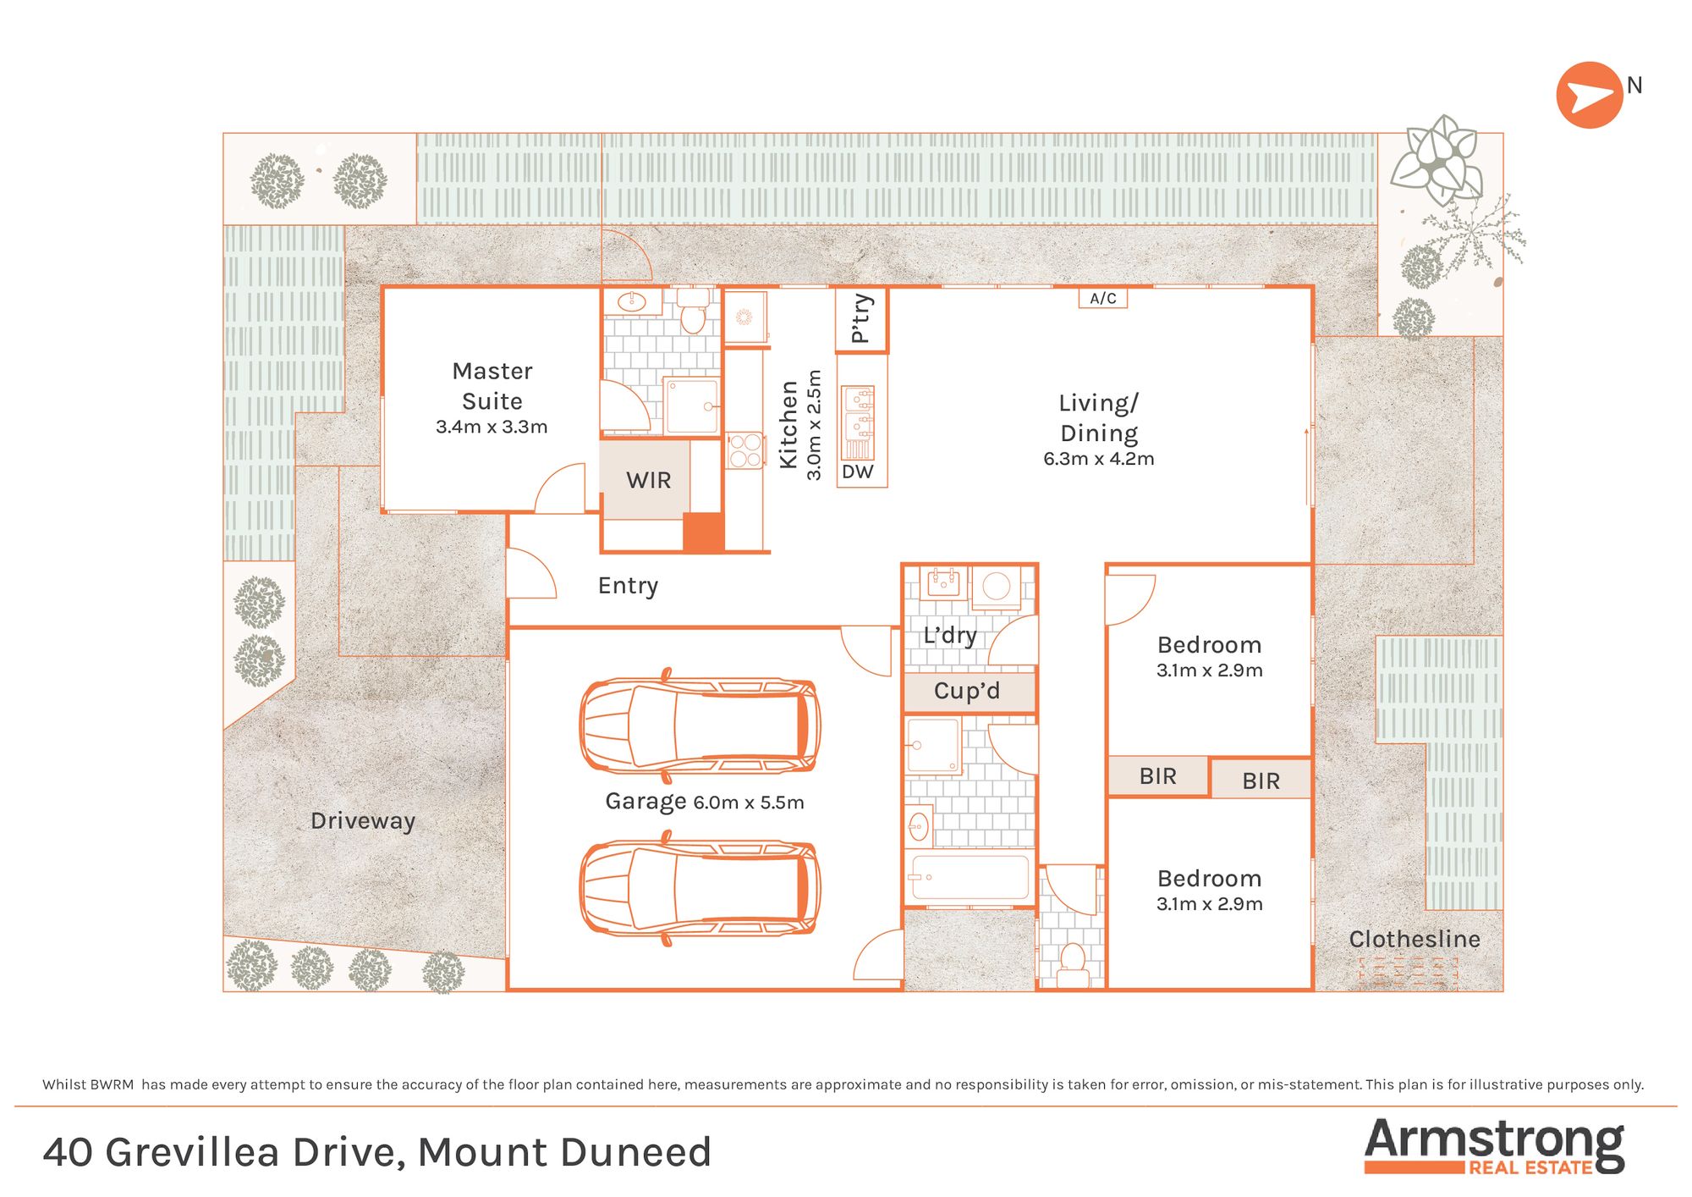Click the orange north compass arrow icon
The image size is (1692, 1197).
tap(1589, 95)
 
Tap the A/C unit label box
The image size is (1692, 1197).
tap(1103, 298)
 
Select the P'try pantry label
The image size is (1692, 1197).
tap(861, 318)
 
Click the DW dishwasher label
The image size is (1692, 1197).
tap(858, 472)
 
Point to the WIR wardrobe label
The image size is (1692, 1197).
tap(649, 480)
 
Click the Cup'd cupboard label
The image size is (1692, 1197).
tap(967, 691)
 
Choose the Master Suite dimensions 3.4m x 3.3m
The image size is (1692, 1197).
tap(492, 427)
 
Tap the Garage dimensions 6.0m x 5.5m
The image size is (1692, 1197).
tap(749, 803)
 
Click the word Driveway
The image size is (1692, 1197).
tap(363, 821)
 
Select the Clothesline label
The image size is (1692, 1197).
tap(1415, 939)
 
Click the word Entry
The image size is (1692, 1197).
tap(628, 586)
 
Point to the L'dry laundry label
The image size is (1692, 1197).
tap(950, 635)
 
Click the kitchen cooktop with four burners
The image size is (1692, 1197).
tap(744, 450)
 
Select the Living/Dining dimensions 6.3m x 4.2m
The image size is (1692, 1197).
tap(1099, 459)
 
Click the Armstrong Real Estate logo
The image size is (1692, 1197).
tap(1494, 1146)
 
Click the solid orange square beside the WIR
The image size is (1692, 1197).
tap(704, 533)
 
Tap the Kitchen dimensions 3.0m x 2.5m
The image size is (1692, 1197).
tap(814, 425)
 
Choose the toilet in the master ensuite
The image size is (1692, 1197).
tap(693, 311)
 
